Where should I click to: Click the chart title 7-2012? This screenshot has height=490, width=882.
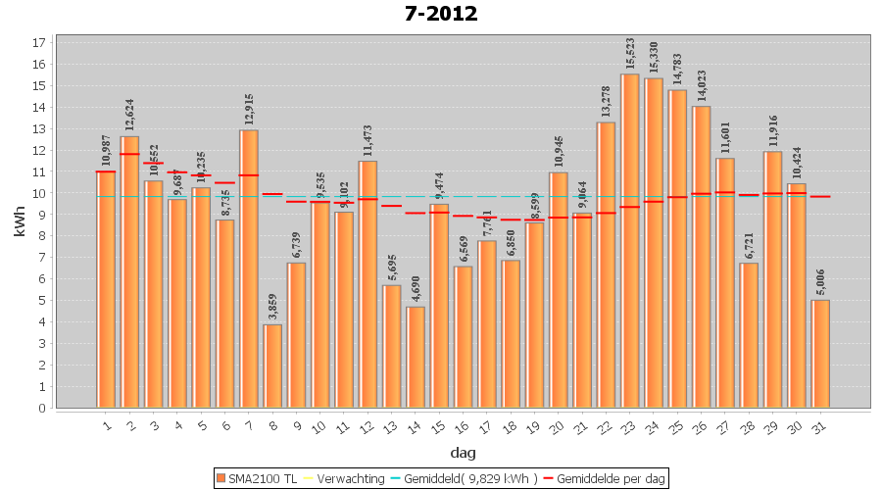pos(441,14)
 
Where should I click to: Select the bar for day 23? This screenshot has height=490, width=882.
pos(630,240)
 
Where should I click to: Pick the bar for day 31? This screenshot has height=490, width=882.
pos(820,354)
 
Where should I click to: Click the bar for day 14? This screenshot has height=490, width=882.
pos(416,357)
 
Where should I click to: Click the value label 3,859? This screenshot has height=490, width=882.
pos(272,306)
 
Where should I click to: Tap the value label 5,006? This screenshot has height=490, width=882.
pos(820,281)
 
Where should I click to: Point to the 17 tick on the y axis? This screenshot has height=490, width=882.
pos(39,43)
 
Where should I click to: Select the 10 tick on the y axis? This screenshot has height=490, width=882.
pos(39,193)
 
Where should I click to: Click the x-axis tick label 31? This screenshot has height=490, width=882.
pos(819,426)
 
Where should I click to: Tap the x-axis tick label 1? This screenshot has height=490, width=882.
pos(106,426)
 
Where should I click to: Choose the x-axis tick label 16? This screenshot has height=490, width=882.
pos(462,426)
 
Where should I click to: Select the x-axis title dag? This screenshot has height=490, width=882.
pos(464,453)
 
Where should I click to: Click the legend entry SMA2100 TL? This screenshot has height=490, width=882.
pos(258,478)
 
